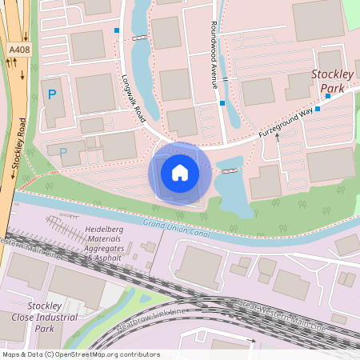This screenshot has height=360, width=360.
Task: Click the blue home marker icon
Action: point(180,173)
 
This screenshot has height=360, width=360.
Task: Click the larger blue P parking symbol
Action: point(52,94)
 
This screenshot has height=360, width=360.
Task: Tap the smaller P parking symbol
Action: point(64,151)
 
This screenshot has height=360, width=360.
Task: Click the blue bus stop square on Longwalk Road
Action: point(117,30)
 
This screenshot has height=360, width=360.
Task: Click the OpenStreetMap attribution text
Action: point(80,354)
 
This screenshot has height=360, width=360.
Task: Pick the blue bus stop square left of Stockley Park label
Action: point(318,108)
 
